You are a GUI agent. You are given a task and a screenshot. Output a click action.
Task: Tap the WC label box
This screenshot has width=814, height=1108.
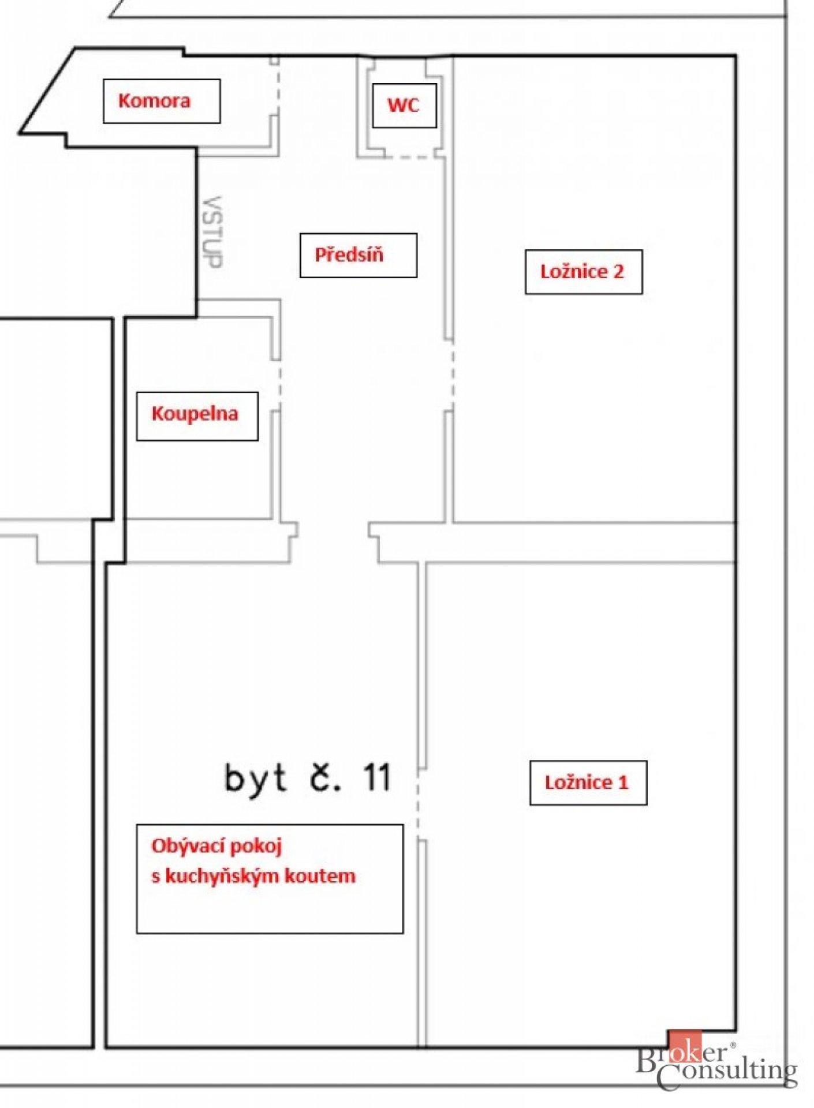(x=404, y=106)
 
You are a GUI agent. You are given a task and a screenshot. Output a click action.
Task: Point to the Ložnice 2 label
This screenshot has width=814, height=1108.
(x=584, y=272)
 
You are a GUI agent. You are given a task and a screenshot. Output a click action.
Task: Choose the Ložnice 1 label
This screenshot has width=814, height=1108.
(x=588, y=783)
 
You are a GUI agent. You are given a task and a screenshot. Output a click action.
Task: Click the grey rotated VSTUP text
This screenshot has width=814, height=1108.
(x=212, y=232)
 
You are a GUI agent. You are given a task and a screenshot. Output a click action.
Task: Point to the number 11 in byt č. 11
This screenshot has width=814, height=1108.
(x=377, y=777)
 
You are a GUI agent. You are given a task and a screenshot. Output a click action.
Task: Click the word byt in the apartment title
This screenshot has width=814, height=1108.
(x=255, y=779)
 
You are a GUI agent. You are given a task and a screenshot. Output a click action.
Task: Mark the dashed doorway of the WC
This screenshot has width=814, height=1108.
(x=410, y=156)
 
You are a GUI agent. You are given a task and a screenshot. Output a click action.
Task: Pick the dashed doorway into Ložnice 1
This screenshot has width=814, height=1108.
(x=418, y=804)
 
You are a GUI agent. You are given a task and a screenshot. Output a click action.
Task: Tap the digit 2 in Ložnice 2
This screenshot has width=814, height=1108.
(x=618, y=272)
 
